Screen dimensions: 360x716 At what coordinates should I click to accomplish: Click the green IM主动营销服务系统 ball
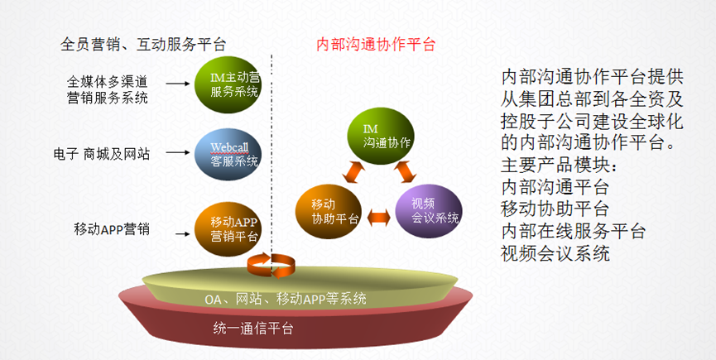[x=228, y=84]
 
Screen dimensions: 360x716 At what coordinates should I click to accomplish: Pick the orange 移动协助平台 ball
[x=329, y=211]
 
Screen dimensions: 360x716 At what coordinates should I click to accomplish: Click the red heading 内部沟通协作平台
[x=376, y=45]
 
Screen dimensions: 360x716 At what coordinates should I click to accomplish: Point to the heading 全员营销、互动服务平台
[x=143, y=45]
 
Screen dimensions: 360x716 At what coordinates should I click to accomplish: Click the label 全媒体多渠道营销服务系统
[x=108, y=89]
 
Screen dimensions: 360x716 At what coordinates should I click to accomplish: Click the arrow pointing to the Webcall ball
[x=175, y=153]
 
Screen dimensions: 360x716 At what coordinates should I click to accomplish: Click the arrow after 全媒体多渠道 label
[x=175, y=83]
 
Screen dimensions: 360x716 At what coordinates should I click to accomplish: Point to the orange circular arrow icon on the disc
[x=271, y=265]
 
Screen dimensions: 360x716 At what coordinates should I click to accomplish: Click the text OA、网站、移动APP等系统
[x=286, y=299]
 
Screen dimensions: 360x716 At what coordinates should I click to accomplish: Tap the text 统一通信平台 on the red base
[x=253, y=329]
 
